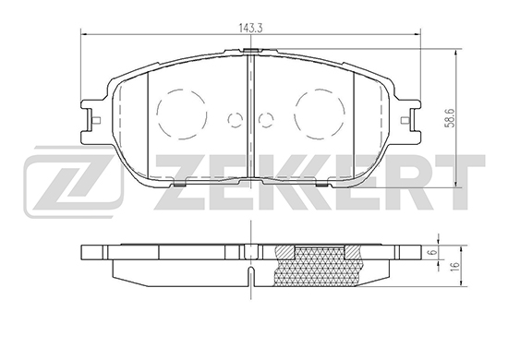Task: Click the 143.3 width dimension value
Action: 250,28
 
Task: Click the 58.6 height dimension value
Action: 452,118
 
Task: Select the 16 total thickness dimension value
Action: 455,265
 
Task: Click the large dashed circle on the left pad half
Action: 156,114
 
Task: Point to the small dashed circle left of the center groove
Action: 228,120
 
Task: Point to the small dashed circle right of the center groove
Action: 259,120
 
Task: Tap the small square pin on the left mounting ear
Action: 97,120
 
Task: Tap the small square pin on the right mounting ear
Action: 405,120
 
